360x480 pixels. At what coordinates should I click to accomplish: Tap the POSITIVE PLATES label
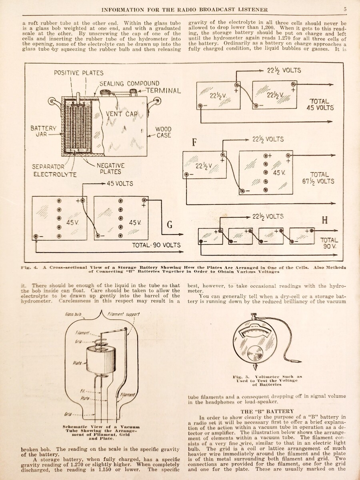click(79, 73)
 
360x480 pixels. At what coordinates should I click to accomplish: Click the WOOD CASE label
click(163, 132)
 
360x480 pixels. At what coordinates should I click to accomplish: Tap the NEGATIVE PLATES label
click(111, 169)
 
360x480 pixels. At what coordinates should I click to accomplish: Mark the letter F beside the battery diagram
click(194, 143)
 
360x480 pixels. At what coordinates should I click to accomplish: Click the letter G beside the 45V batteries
click(170, 224)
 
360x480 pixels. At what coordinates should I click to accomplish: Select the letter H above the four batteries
click(325, 220)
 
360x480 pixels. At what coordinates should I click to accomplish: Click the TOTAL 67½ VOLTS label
click(318, 178)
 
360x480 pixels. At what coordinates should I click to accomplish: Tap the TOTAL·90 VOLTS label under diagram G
click(156, 245)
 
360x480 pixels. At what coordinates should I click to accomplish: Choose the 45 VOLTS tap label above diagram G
click(120, 184)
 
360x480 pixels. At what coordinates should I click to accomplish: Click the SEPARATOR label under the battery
click(49, 166)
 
